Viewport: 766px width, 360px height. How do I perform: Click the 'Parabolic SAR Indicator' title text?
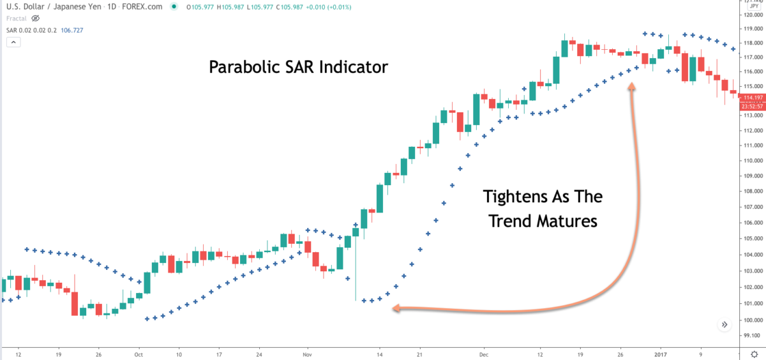(x=298, y=66)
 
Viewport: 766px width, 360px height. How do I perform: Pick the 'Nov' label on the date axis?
(x=307, y=353)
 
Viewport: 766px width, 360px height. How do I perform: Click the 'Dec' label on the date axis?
(x=483, y=353)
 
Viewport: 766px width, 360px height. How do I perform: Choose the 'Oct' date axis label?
(x=139, y=353)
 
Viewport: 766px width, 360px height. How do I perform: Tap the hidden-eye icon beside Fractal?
(x=36, y=19)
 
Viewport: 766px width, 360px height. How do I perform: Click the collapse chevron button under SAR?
(x=14, y=42)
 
